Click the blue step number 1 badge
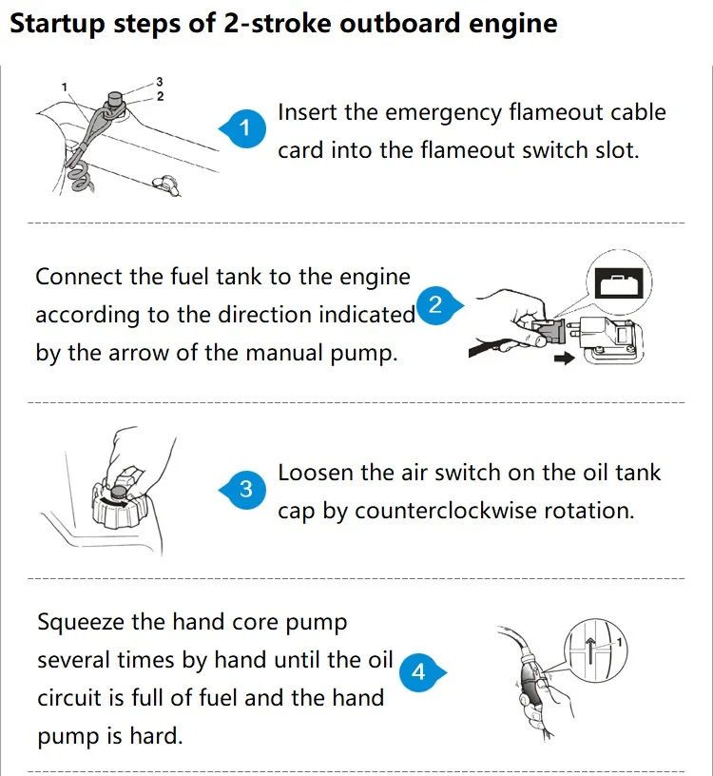tap(243, 128)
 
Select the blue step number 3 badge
tap(243, 490)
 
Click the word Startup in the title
tap(57, 24)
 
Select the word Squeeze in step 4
tap(81, 623)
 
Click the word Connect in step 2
tap(79, 276)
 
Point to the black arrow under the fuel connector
tap(565, 358)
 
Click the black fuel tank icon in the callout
tap(619, 282)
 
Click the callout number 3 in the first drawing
tap(160, 81)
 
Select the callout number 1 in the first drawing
tap(64, 87)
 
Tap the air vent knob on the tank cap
tap(119, 492)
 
